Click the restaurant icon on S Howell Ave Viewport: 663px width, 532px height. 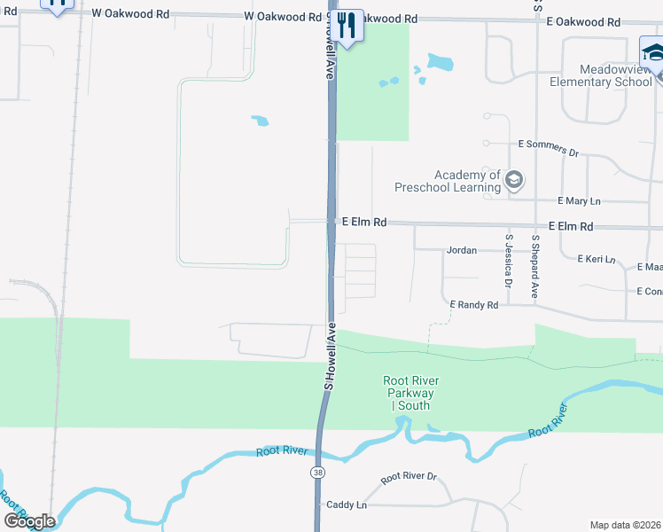click(347, 25)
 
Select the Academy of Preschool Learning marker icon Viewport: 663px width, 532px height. click(513, 181)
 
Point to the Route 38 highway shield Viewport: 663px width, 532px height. click(317, 473)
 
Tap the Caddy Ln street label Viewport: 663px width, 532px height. click(347, 505)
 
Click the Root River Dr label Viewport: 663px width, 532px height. click(409, 477)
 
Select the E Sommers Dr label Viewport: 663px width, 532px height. click(548, 146)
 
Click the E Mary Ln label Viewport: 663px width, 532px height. click(579, 201)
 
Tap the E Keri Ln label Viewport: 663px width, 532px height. click(596, 259)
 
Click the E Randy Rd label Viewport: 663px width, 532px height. click(473, 304)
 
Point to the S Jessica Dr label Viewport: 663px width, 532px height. click(509, 261)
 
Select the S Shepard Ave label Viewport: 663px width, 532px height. click(534, 265)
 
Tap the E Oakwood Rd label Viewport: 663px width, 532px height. click(583, 21)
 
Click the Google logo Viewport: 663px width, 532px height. click(29, 520)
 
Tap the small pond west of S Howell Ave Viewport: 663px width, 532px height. click(260, 121)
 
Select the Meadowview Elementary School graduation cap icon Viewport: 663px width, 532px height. click(652, 53)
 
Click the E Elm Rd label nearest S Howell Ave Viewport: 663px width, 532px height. click(364, 223)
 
